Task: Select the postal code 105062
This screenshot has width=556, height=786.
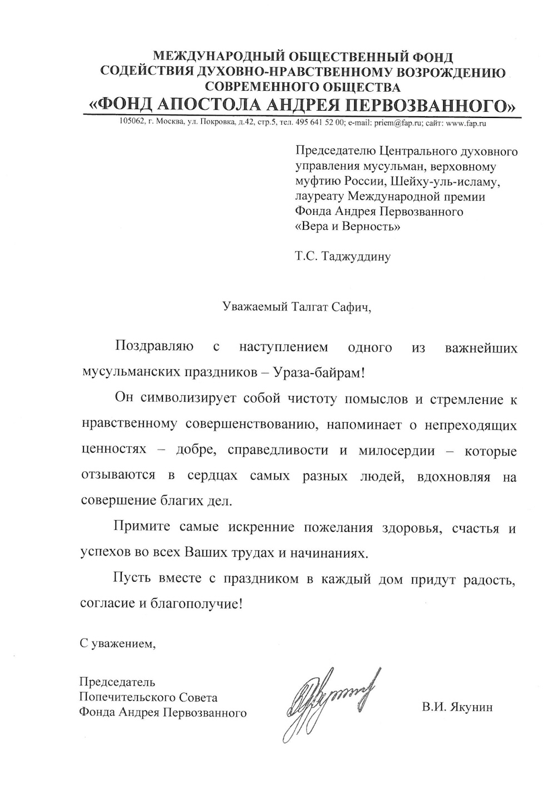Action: coord(131,123)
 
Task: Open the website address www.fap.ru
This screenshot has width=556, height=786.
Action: coord(466,123)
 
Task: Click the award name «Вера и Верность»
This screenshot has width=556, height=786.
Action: coord(347,226)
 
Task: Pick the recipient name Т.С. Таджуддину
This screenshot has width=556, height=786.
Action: coord(344,256)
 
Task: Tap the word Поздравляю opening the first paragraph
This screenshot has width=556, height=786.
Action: coord(154,348)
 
